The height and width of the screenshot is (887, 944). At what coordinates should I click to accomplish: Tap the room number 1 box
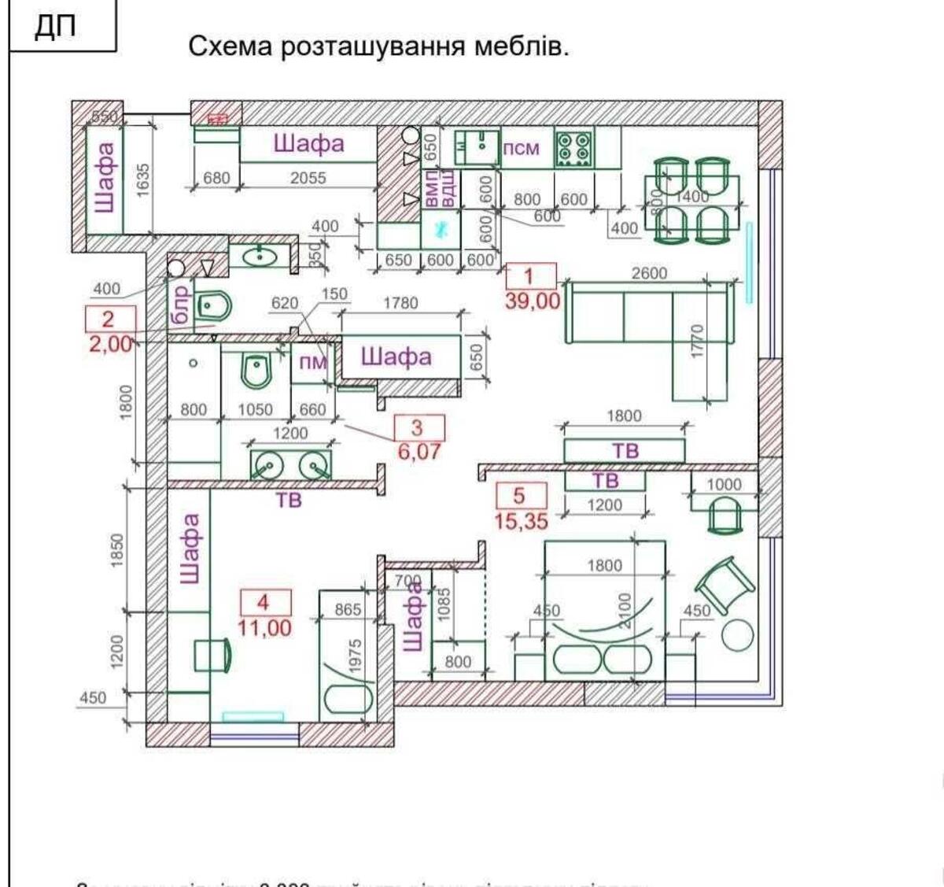[x=530, y=275]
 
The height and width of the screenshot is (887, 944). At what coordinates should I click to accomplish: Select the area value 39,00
[x=533, y=300]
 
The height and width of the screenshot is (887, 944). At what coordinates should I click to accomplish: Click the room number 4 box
[x=264, y=603]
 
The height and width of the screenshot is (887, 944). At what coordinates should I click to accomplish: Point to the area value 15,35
[x=521, y=520]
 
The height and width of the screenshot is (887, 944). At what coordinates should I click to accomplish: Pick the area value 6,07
[x=418, y=452]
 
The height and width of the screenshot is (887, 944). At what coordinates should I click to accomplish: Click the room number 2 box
[x=109, y=319]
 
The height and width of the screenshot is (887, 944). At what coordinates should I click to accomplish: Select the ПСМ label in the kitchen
[x=521, y=148]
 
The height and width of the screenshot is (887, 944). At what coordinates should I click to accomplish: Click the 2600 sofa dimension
[x=649, y=273]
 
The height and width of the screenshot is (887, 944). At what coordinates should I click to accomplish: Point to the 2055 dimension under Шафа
[x=308, y=178]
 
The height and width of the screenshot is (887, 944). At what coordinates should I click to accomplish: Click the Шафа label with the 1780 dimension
[x=396, y=357]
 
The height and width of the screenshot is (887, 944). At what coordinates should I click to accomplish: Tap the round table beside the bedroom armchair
[x=737, y=635]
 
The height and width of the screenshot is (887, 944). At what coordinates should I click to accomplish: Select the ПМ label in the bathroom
[x=312, y=363]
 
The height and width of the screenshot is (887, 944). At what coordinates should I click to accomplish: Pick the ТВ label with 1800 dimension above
[x=625, y=451]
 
